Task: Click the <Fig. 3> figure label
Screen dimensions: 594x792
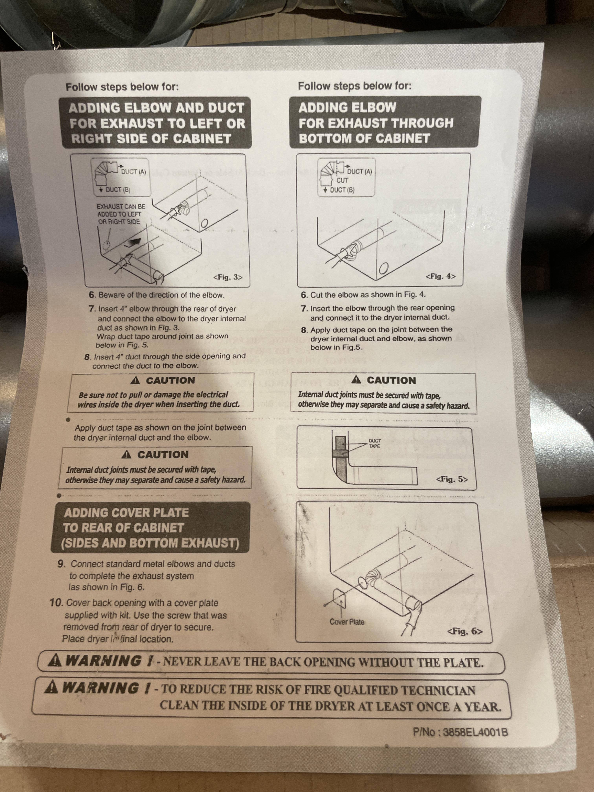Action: point(228,277)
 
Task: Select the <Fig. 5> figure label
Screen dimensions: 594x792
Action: point(452,479)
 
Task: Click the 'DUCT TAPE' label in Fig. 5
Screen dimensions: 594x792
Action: point(375,443)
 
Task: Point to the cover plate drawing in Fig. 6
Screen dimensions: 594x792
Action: point(341,599)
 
